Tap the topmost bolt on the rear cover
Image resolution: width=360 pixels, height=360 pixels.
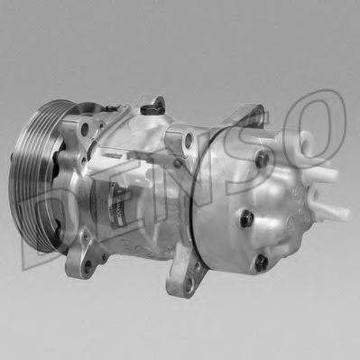(263, 159)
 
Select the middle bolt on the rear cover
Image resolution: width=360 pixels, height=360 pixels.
(245, 217)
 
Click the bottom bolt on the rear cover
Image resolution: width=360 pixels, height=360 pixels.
(261, 263)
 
